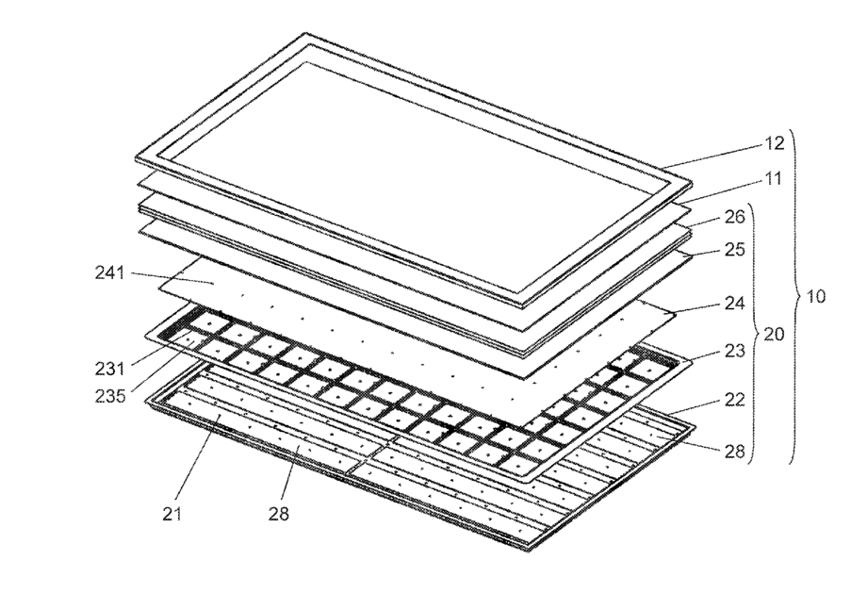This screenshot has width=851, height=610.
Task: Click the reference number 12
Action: click(x=775, y=143)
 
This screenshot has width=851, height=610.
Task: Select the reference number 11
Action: click(x=772, y=179)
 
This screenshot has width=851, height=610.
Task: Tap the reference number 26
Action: click(x=735, y=217)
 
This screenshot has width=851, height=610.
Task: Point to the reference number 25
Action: click(x=735, y=250)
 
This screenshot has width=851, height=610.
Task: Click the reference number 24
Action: click(x=735, y=303)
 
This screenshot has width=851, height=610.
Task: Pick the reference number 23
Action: click(x=735, y=351)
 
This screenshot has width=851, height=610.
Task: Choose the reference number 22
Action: click(x=735, y=400)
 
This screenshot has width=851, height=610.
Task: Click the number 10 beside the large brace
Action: click(x=816, y=297)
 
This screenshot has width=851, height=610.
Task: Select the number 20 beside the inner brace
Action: click(x=774, y=335)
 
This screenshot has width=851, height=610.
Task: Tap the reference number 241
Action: click(x=110, y=272)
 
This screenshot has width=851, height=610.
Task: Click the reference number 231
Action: click(x=110, y=370)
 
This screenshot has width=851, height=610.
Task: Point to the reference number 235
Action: click(x=110, y=397)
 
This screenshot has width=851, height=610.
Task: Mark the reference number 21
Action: click(x=172, y=514)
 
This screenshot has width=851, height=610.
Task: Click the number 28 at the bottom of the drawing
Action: click(x=279, y=514)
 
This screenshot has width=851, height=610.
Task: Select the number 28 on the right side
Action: click(x=735, y=451)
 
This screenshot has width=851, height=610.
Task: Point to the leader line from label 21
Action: click(x=195, y=459)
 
